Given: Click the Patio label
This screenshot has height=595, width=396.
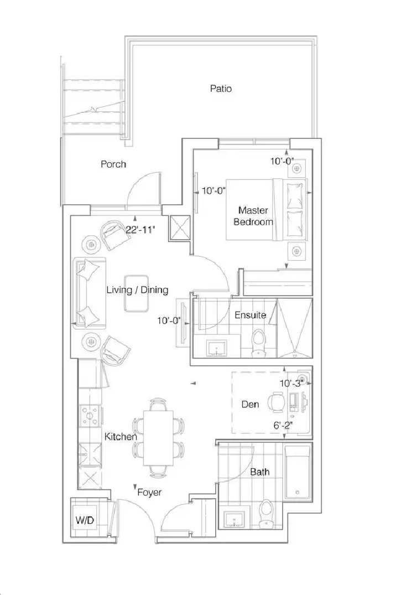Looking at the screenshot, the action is pyautogui.click(x=221, y=89).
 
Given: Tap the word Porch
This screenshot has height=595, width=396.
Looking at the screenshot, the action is pyautogui.click(x=113, y=164).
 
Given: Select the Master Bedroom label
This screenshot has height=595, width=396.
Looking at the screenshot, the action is pyautogui.click(x=253, y=216).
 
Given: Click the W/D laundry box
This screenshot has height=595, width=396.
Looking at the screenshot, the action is pyautogui.click(x=85, y=520).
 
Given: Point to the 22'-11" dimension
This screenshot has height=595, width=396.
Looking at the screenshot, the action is pyautogui.click(x=140, y=230).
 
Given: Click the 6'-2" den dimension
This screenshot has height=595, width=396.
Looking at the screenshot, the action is pyautogui.click(x=283, y=426).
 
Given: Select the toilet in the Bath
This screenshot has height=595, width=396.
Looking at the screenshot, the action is pyautogui.click(x=265, y=514).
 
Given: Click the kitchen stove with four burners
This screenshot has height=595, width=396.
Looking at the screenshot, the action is pyautogui.click(x=90, y=416).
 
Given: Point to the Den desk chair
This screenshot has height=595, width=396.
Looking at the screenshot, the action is pyautogui.click(x=276, y=402).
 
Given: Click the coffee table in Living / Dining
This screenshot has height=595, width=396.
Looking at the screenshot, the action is pyautogui.click(x=137, y=293).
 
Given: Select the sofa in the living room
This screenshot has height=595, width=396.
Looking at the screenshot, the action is pyautogui.click(x=90, y=293).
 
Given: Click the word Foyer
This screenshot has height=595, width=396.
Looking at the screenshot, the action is pyautogui.click(x=149, y=493).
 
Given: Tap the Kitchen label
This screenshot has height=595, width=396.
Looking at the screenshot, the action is pyautogui.click(x=121, y=437).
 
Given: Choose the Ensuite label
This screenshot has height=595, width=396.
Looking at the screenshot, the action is pyautogui.click(x=251, y=315).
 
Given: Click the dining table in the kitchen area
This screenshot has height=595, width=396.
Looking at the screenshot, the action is pyautogui.click(x=158, y=438).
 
